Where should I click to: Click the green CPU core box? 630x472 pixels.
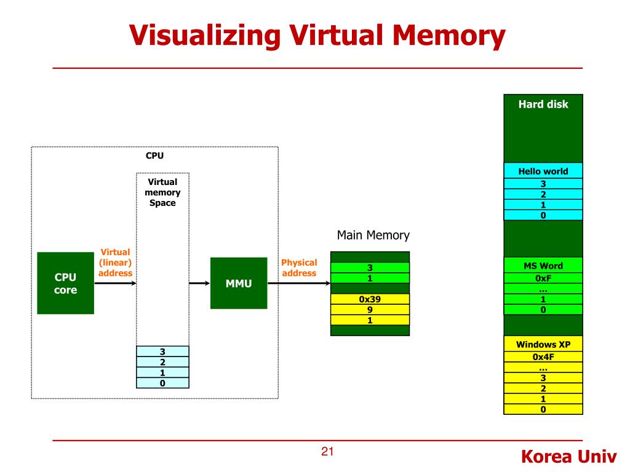65,283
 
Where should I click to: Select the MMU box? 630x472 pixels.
239,283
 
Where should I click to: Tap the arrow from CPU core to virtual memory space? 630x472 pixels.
115,283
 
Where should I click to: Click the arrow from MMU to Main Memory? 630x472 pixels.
299,283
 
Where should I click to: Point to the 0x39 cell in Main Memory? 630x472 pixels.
370,299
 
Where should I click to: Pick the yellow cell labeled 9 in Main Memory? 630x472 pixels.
370,310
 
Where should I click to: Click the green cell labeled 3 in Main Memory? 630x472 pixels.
370,267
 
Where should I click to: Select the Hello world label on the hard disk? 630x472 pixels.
543,171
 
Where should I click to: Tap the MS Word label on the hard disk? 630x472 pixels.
543,265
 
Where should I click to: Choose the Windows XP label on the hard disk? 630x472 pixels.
543,344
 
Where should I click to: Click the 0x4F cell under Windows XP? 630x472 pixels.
543,357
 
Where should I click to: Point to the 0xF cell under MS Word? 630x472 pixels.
543,278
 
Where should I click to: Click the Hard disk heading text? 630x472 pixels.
543,104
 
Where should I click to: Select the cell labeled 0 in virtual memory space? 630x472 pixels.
162,383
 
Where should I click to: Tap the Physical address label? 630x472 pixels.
299,268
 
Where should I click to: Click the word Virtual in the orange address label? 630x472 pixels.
115,252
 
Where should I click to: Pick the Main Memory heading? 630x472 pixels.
373,235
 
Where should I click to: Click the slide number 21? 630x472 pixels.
327,452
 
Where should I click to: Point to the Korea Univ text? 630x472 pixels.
568,457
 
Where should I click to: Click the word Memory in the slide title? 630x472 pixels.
449,36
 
